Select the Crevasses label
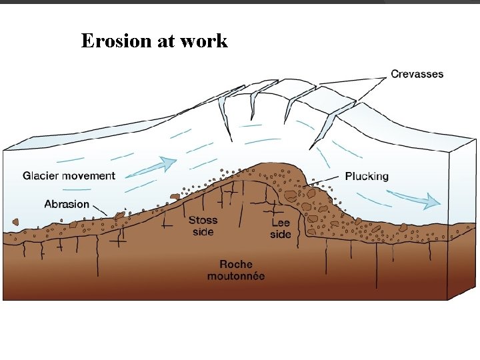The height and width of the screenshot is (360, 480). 417,74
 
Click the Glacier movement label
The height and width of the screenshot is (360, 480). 69,176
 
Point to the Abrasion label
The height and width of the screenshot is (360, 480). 67,204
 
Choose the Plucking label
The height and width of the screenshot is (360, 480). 367,176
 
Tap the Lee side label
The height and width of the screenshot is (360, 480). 281,228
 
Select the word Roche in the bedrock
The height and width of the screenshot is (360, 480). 235,265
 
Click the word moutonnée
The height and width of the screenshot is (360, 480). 235,276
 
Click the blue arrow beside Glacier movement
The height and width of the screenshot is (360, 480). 152,167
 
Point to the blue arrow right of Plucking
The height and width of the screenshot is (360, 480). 413,197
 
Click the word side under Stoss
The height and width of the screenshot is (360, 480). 202,232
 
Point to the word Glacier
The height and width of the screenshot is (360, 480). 41,176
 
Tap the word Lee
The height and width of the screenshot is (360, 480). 281,223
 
